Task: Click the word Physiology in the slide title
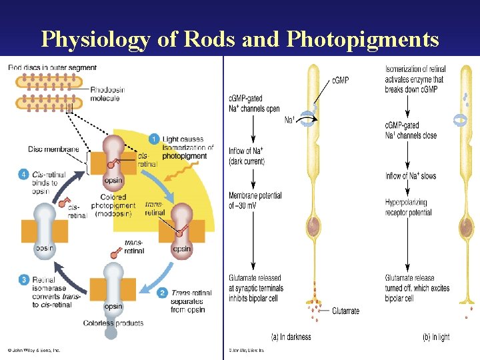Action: click(95, 39)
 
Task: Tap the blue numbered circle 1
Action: click(153, 139)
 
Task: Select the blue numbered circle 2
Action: click(162, 292)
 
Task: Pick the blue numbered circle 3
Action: click(24, 279)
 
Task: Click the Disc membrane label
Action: click(53, 149)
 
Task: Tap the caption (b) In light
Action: click(435, 337)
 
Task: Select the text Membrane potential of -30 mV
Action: click(255, 201)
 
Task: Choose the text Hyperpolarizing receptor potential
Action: click(408, 207)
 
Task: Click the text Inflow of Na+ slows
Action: click(411, 176)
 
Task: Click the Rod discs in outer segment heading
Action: click(52, 67)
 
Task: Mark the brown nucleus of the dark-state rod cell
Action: click(314, 229)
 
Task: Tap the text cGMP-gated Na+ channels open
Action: click(254, 104)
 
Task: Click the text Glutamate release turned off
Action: click(417, 283)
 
